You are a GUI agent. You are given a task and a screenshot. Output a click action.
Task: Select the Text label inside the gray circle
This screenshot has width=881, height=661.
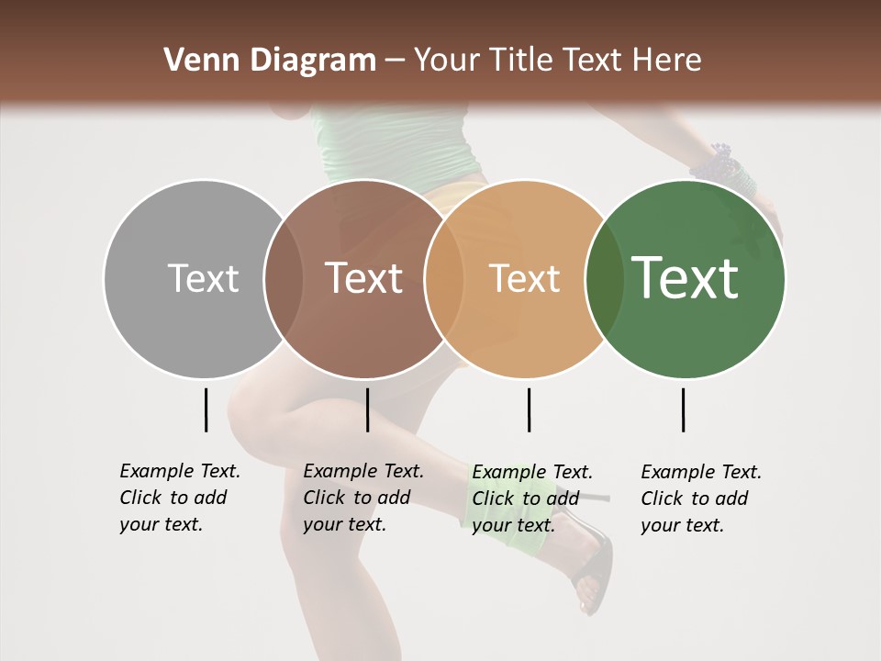(x=203, y=278)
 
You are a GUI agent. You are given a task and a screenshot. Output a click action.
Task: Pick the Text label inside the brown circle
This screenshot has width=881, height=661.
(x=364, y=278)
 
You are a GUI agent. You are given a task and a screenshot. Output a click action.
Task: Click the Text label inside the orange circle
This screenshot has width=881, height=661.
(x=524, y=278)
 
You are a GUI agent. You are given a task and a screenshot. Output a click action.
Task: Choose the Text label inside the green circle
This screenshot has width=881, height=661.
(x=686, y=278)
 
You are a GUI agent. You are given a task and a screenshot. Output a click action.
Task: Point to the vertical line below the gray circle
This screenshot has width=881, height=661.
(x=206, y=409)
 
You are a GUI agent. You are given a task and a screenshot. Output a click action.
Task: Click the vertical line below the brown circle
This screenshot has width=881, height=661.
(x=367, y=409)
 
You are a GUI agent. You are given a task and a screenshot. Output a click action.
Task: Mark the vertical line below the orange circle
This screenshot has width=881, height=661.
(x=529, y=409)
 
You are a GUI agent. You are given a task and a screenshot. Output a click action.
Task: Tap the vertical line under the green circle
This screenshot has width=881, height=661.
(x=683, y=409)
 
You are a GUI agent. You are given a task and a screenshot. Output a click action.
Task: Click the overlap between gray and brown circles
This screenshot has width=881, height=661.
(x=283, y=278)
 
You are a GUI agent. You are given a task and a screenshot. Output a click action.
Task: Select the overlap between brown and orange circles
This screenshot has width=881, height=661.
(x=444, y=278)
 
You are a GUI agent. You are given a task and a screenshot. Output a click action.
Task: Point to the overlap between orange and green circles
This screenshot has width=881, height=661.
(x=605, y=278)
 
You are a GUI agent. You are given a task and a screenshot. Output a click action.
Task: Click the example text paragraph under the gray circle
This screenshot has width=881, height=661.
(x=179, y=498)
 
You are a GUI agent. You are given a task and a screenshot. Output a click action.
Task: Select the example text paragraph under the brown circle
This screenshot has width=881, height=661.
(x=362, y=498)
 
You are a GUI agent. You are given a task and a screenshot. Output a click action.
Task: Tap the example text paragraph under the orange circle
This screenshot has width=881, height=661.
(x=531, y=498)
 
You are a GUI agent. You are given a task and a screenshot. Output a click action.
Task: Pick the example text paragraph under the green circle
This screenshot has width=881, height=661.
(x=700, y=498)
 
